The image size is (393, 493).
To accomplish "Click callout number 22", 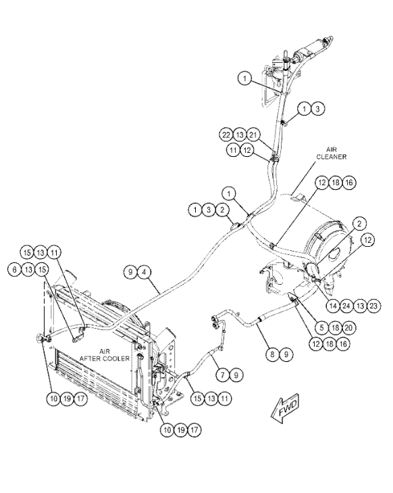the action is pyautogui.click(x=226, y=135).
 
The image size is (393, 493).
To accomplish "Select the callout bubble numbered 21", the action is pyautogui.click(x=254, y=135).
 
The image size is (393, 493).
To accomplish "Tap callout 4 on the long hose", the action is pyautogui.click(x=144, y=272).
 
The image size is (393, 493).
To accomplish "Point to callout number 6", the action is pyautogui.click(x=14, y=269).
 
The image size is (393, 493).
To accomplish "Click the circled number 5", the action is pyautogui.click(x=321, y=328).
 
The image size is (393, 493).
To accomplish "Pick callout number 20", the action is pyautogui.click(x=348, y=328).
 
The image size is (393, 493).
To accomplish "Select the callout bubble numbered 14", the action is pyautogui.click(x=333, y=306).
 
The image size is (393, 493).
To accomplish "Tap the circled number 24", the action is pyautogui.click(x=346, y=306).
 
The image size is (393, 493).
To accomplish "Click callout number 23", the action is pyautogui.click(x=373, y=306).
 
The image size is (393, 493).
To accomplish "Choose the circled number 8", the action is pyautogui.click(x=272, y=354).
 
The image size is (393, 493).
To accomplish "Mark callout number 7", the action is pyautogui.click(x=223, y=375).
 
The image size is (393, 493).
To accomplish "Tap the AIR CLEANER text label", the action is pyautogui.click(x=331, y=153).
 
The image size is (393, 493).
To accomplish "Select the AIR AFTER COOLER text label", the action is pyautogui.click(x=105, y=354).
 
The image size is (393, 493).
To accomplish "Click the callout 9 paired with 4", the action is pyautogui.click(x=130, y=272).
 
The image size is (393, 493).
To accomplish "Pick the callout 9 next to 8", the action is pyautogui.click(x=286, y=354).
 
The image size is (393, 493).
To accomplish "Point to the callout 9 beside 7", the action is pyautogui.click(x=236, y=375).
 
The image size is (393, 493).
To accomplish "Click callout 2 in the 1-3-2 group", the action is pyautogui.click(x=223, y=210).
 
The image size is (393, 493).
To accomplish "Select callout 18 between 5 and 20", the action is pyautogui.click(x=335, y=328).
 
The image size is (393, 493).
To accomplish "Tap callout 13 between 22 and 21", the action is pyautogui.click(x=240, y=135).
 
